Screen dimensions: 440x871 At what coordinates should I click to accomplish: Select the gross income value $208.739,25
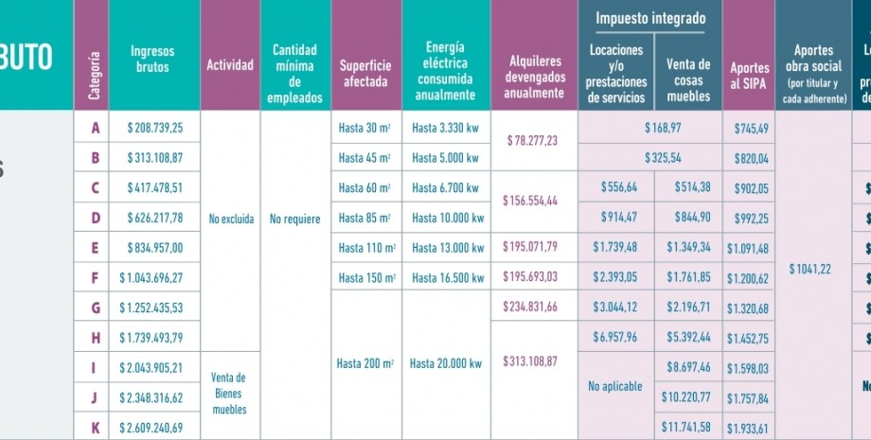[155, 127]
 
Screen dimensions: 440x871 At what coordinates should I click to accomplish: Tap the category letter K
[93, 428]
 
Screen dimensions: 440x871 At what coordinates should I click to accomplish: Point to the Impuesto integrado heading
[650, 18]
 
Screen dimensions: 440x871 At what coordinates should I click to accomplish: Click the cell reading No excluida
[231, 220]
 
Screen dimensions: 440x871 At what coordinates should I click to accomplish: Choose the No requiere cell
[295, 220]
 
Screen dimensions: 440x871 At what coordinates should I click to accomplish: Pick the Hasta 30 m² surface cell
[365, 127]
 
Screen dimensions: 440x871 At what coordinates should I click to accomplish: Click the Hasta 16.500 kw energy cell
[447, 278]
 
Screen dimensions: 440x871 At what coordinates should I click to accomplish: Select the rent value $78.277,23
[532, 141]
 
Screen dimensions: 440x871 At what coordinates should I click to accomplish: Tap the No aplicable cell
[614, 386]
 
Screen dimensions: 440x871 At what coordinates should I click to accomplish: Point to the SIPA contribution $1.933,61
[749, 428]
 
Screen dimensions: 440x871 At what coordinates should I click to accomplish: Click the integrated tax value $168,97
[663, 127]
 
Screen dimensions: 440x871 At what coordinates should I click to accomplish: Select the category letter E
[93, 249]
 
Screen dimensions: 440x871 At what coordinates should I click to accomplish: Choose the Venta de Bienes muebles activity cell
[230, 393]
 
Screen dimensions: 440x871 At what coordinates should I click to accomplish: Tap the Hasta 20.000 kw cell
[447, 363]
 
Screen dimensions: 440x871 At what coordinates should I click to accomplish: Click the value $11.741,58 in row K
[687, 428]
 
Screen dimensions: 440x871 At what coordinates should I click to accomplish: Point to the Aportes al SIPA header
[749, 75]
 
